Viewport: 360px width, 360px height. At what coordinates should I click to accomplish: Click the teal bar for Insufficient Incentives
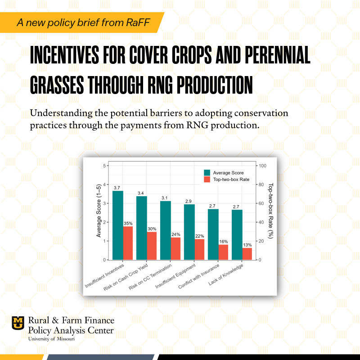pyautogui.click(x=117, y=225)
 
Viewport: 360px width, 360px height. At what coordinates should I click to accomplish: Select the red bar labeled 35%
pyautogui.click(x=128, y=243)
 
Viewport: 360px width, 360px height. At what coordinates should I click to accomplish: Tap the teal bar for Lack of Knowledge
pyautogui.click(x=237, y=234)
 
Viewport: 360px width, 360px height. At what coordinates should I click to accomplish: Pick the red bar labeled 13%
pyautogui.click(x=247, y=254)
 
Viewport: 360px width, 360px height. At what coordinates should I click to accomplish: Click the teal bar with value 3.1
pyautogui.click(x=165, y=230)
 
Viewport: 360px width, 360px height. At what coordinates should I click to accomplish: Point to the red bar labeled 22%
pyautogui.click(x=199, y=249)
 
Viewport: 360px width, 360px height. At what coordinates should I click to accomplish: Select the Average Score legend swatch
pyautogui.click(x=207, y=172)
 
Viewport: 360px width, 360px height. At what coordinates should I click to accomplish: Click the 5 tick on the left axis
pyautogui.click(x=104, y=166)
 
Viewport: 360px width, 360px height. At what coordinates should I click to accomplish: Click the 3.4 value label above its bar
pyautogui.click(x=141, y=193)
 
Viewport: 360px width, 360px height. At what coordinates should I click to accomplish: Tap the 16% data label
pyautogui.click(x=223, y=242)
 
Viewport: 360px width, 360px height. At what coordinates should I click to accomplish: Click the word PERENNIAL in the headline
pyautogui.click(x=275, y=57)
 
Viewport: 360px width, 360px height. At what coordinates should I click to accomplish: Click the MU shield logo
pyautogui.click(x=18, y=322)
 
